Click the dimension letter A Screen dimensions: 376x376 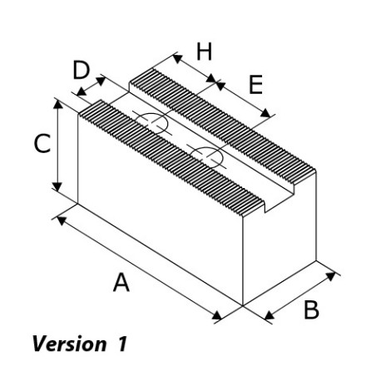[x=121, y=282]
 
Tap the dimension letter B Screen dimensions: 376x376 [x=311, y=309]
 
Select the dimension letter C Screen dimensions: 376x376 [x=42, y=143]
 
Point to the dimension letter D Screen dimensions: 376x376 [x=81, y=70]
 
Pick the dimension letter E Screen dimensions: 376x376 [x=255, y=85]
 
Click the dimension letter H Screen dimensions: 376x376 [x=204, y=52]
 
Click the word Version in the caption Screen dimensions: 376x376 [x=69, y=344]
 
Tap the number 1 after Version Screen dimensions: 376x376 [x=121, y=344]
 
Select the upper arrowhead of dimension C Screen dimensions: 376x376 [x=57, y=104]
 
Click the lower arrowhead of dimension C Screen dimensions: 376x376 [x=57, y=187]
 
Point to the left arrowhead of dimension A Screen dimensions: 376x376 [x=62, y=220]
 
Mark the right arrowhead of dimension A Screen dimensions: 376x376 [x=217, y=315]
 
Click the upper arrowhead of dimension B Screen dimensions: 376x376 [x=330, y=276]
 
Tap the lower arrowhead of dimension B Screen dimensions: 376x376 [x=270, y=315]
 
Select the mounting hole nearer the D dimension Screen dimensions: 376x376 [x=152, y=123]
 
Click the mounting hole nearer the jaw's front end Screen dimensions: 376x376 [x=207, y=157]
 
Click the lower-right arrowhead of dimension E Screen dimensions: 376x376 [x=265, y=113]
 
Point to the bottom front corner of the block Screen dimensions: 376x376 [x=243, y=305]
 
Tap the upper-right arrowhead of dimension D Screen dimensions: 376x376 [x=101, y=81]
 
